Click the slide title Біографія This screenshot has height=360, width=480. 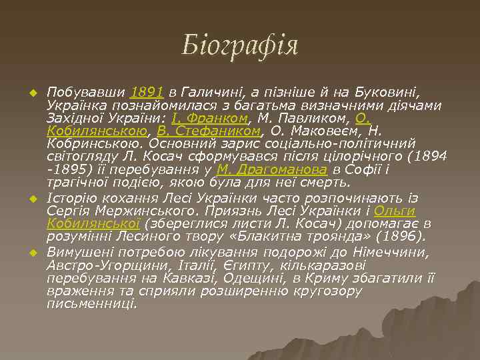[240, 46]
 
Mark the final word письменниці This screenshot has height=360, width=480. [91, 303]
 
